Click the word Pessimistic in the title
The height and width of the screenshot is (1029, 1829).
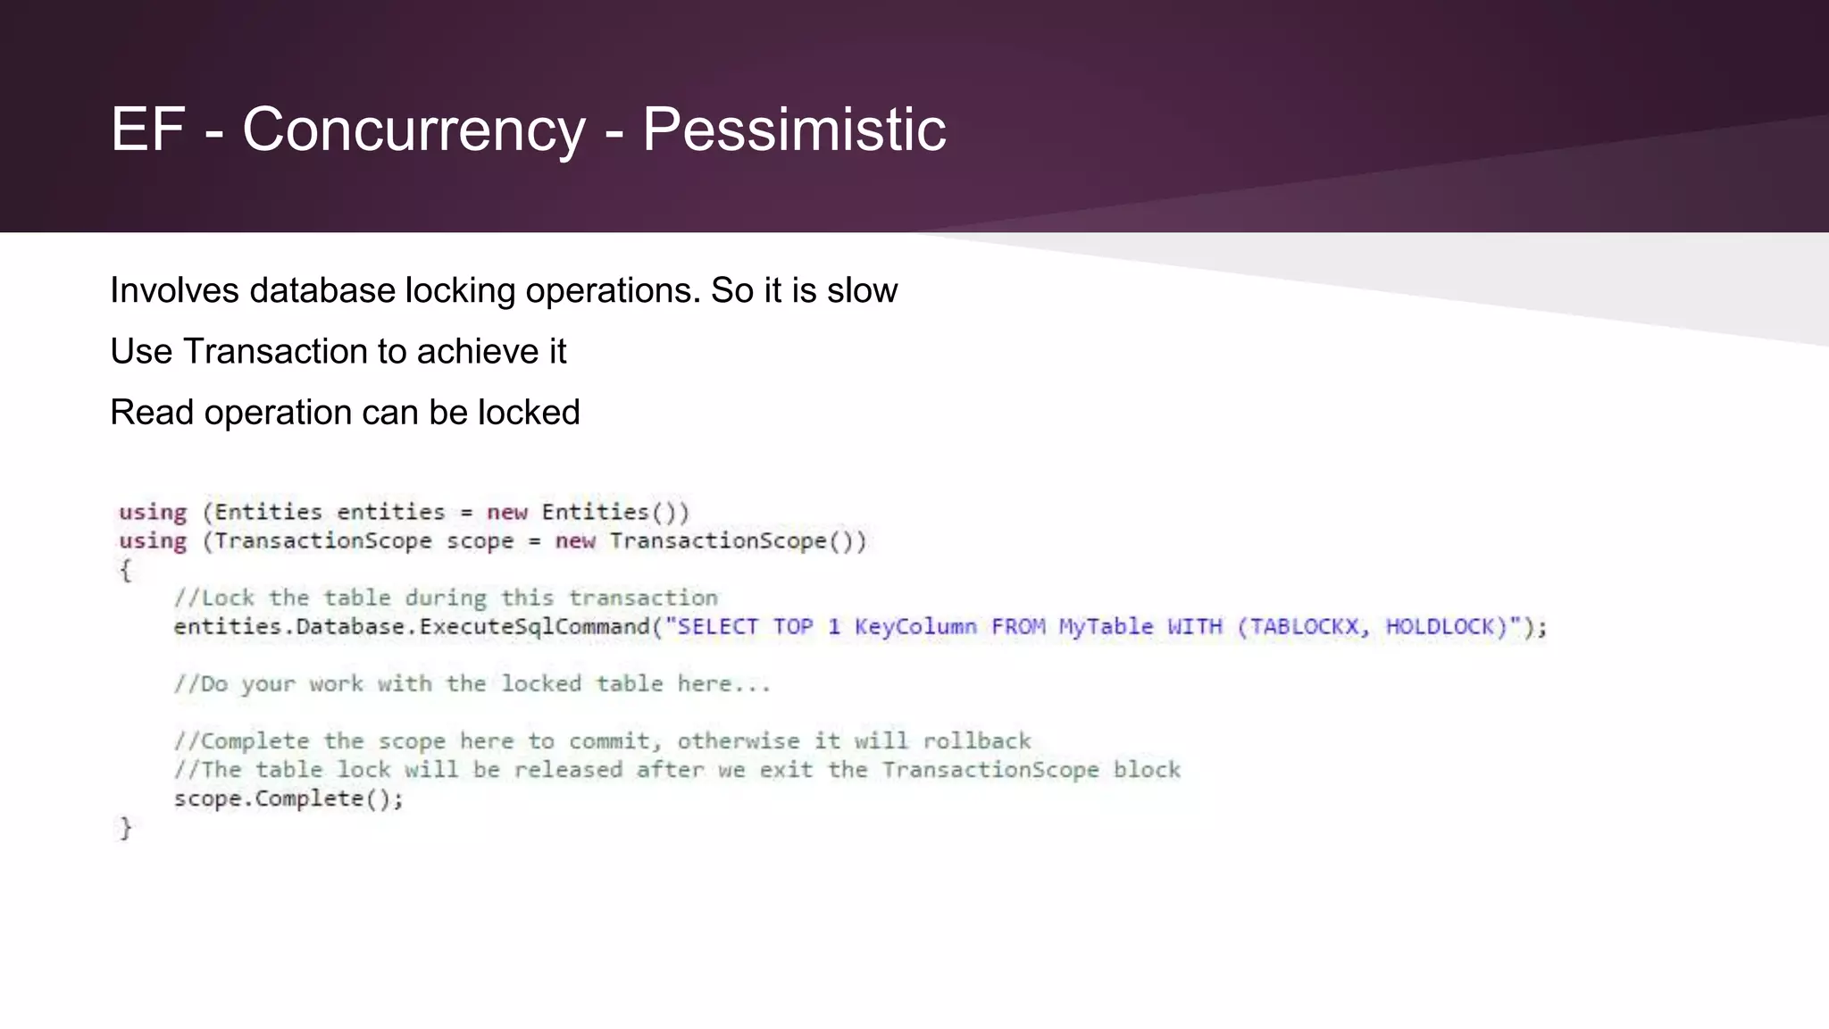click(x=794, y=130)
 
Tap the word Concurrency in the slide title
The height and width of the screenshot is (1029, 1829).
click(x=413, y=130)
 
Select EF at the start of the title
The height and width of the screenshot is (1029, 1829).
click(x=147, y=130)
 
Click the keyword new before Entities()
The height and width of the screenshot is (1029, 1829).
click(x=507, y=513)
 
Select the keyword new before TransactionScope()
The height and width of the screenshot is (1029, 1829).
click(x=575, y=541)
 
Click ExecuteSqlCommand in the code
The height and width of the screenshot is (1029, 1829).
click(x=534, y=627)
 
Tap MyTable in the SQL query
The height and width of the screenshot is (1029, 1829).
click(x=1106, y=627)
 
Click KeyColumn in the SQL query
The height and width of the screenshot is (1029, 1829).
click(x=915, y=627)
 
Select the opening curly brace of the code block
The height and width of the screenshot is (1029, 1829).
click(x=126, y=570)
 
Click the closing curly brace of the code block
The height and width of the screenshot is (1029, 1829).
click(x=126, y=828)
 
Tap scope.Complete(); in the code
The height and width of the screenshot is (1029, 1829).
click(x=288, y=799)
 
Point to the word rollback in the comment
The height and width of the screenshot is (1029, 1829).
click(x=976, y=741)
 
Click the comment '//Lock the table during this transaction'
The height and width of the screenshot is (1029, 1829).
click(x=446, y=598)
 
